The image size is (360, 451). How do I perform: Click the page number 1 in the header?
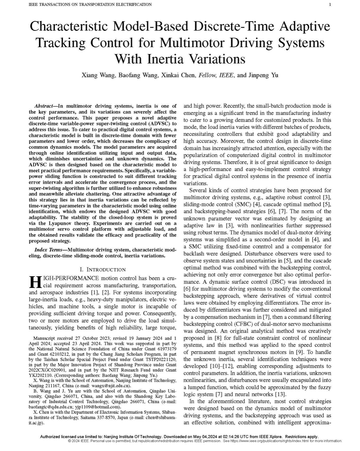point(330,4)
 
